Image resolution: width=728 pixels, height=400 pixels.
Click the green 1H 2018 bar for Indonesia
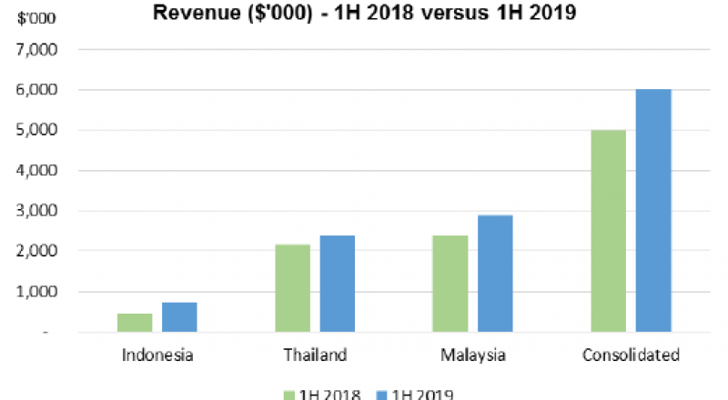coord(135,323)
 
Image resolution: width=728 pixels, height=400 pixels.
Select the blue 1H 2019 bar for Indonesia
coord(179,317)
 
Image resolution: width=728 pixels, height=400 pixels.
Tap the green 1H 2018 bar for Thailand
coord(292,288)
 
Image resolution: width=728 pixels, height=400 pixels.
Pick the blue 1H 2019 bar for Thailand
coord(337,284)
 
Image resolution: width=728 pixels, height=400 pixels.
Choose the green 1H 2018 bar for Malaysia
coord(450,284)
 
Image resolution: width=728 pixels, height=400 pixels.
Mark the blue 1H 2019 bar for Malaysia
coord(495,274)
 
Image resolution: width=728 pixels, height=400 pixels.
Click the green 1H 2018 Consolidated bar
coord(608,231)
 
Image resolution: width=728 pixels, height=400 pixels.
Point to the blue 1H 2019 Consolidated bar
coord(652,211)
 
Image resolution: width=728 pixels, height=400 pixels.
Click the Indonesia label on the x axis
coord(157,355)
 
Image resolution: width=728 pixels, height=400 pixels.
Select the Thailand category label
coord(314,355)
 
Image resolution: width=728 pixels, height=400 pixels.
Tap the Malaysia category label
coord(472,355)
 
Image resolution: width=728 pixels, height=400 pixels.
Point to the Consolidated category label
coord(631,355)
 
